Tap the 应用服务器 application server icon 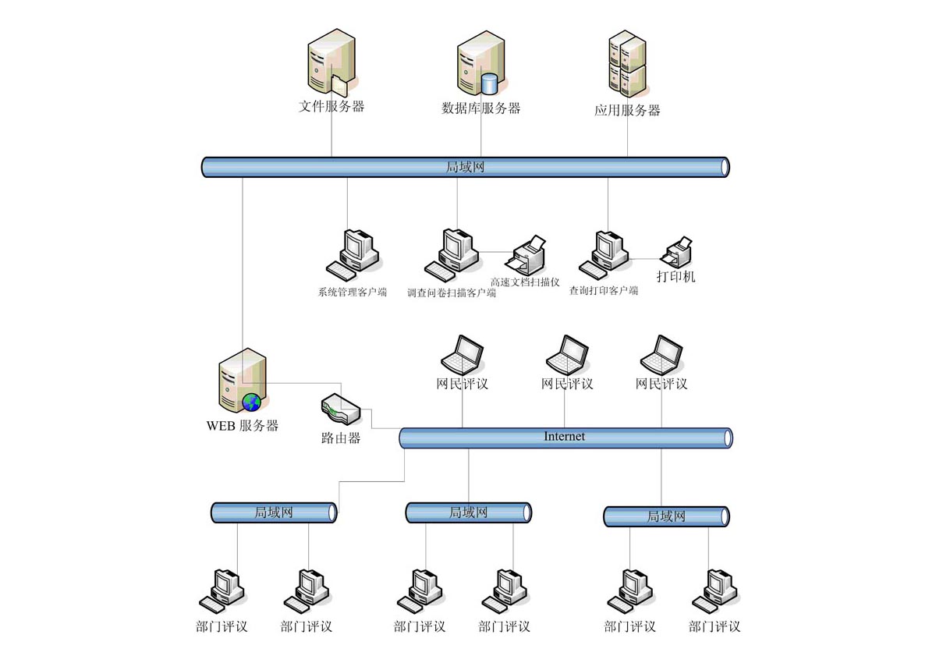point(627,63)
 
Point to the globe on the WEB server point(251,402)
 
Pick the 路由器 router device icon point(340,408)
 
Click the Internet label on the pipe point(564,436)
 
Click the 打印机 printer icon point(677,252)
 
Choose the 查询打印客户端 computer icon point(604,253)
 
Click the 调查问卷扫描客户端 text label point(452,294)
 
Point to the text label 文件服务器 point(331,107)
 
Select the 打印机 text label point(675,276)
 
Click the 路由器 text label point(341,438)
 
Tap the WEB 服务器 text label point(242,426)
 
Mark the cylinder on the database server point(490,83)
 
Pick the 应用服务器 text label point(627,111)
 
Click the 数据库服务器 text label point(480,108)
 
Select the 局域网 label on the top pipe point(465,166)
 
